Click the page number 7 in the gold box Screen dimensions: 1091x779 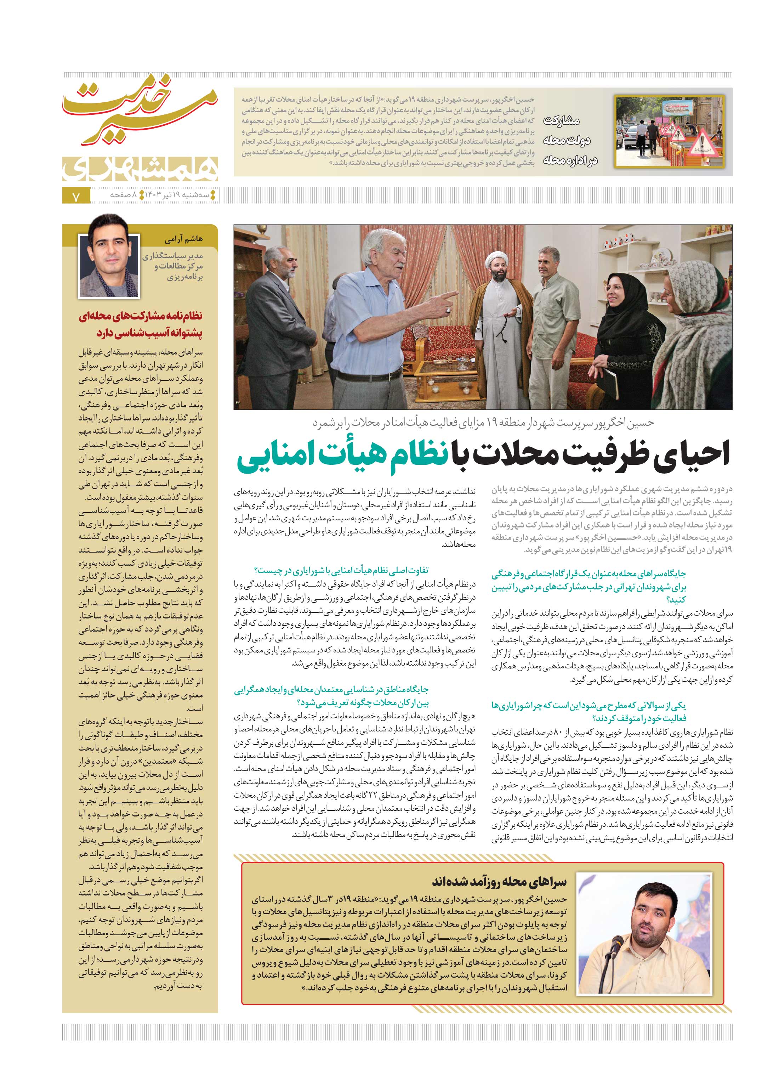[x=75, y=197]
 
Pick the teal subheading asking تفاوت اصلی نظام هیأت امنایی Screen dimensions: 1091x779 [x=342, y=570]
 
